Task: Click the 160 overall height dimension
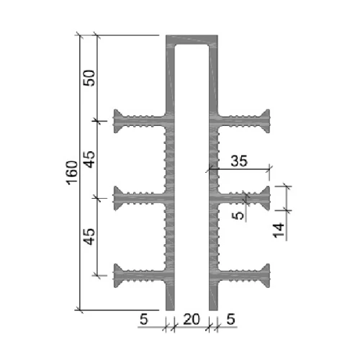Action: (72, 173)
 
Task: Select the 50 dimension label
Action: (89, 78)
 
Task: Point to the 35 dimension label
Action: (239, 161)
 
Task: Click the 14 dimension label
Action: (279, 230)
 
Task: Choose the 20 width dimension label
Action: (192, 319)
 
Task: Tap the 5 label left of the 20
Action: (144, 319)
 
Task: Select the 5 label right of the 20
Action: (230, 319)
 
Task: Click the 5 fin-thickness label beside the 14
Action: (238, 215)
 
